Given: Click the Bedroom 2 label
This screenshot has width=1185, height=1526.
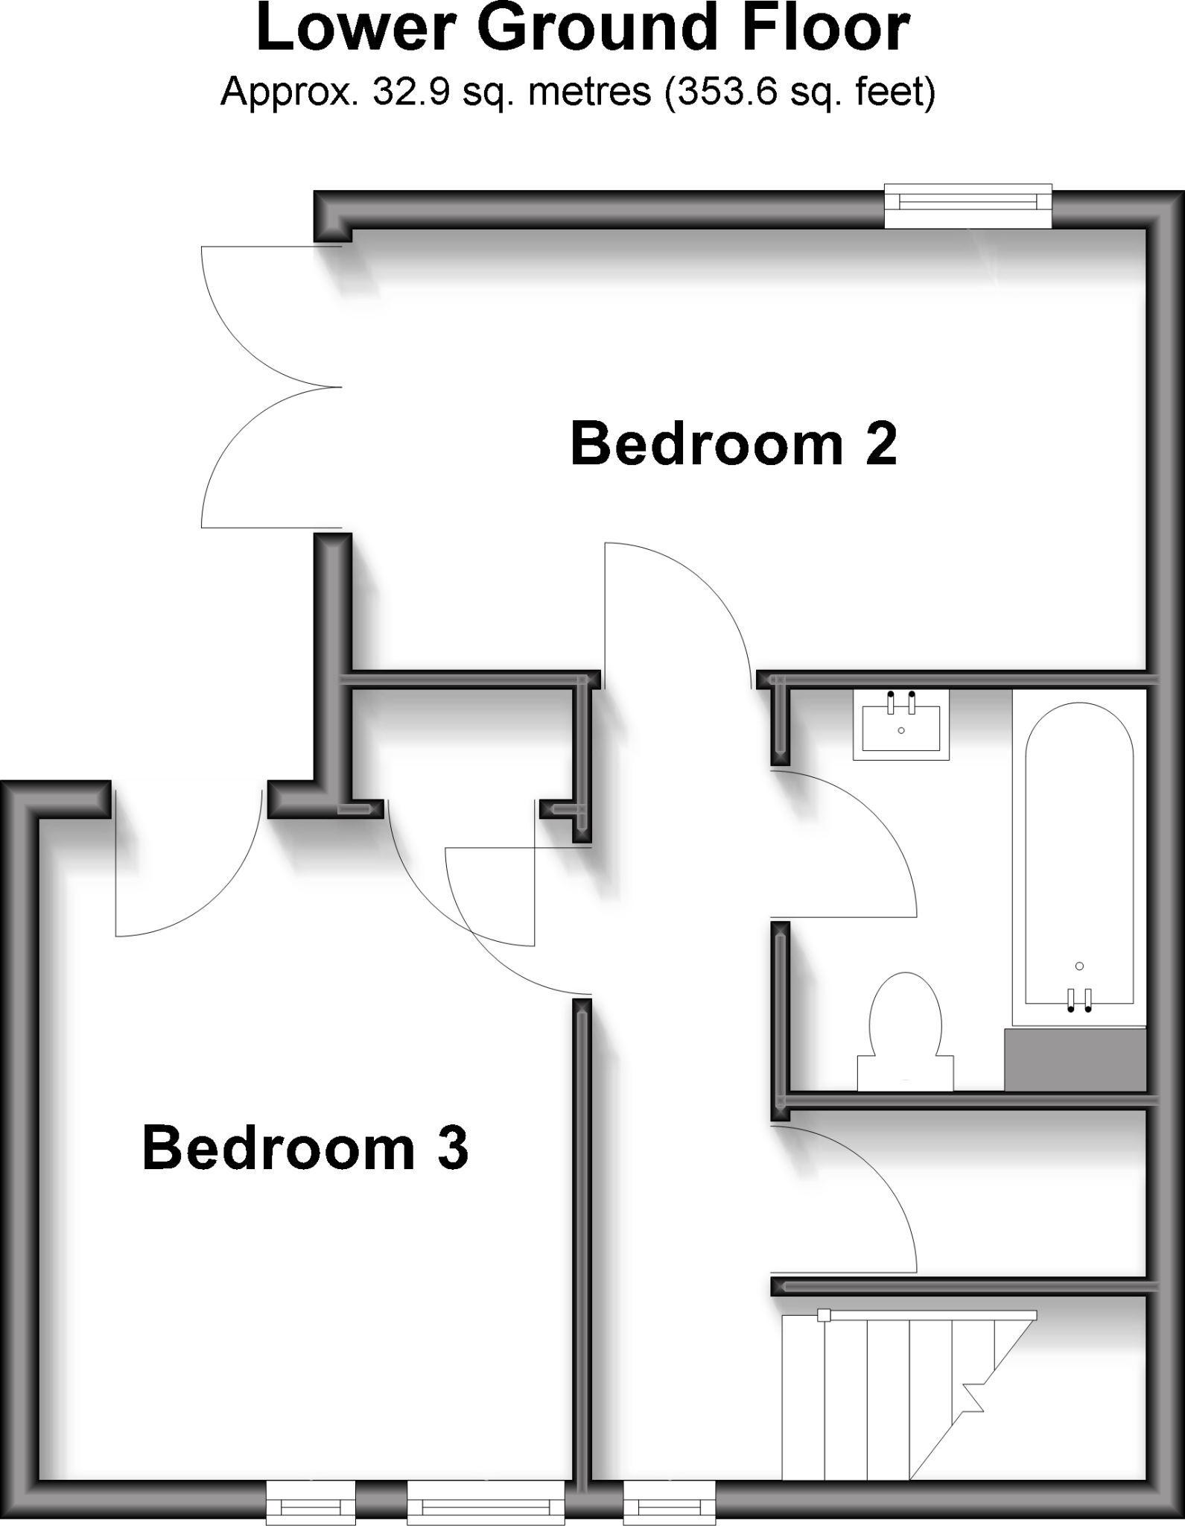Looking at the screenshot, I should [734, 445].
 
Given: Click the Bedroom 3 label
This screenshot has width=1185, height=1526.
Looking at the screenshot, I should [305, 1148].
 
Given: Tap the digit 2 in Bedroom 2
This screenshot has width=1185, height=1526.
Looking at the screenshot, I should [879, 445].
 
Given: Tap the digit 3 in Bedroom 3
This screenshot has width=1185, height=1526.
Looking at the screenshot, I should [451, 1148].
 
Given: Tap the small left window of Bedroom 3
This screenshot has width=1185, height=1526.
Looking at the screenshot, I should [311, 1503].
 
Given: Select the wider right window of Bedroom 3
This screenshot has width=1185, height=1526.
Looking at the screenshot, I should [486, 1503].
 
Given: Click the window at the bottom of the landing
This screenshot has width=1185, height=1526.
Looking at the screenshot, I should [669, 1503].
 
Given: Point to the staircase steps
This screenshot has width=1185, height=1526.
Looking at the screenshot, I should [886, 1393].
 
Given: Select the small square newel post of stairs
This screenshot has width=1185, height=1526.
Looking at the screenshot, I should [824, 1315].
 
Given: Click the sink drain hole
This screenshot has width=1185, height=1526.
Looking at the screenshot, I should [901, 730].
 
